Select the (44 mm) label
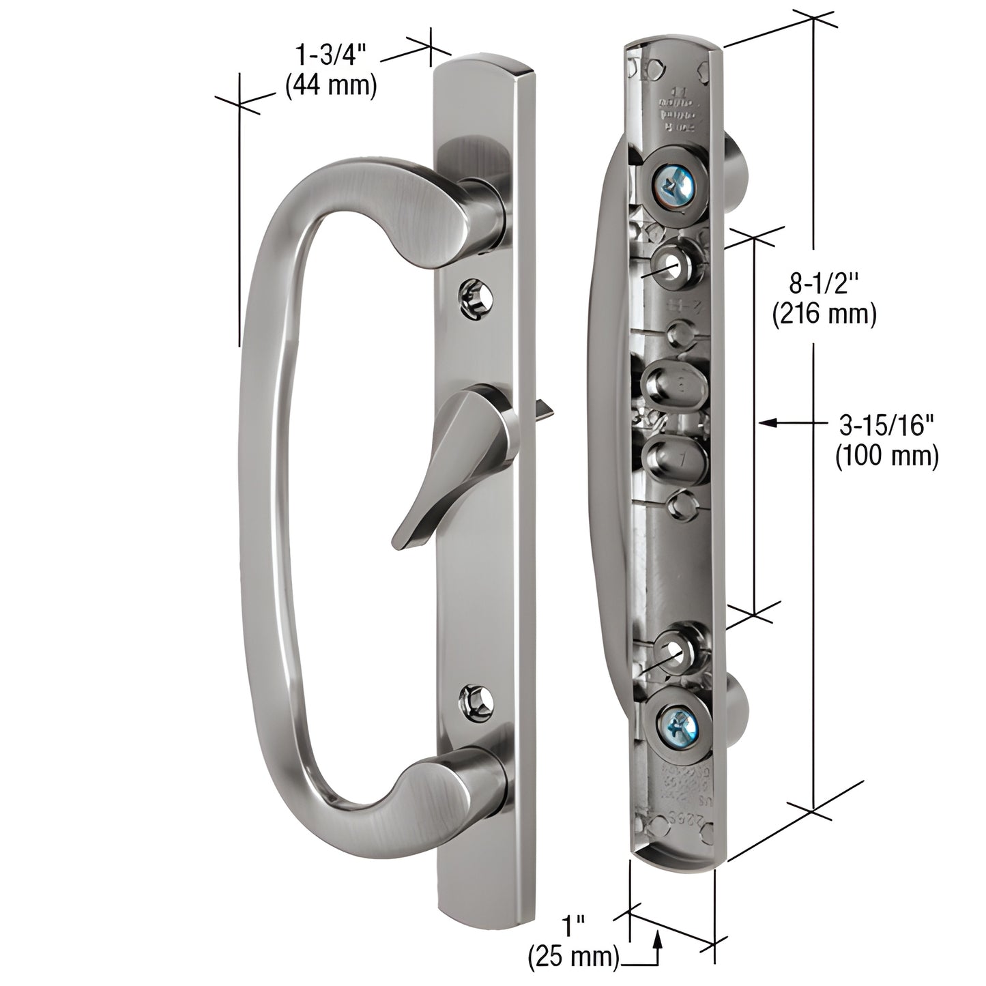click(330, 86)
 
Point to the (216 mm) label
click(823, 315)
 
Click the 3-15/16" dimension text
click(886, 426)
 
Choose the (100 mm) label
click(886, 456)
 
